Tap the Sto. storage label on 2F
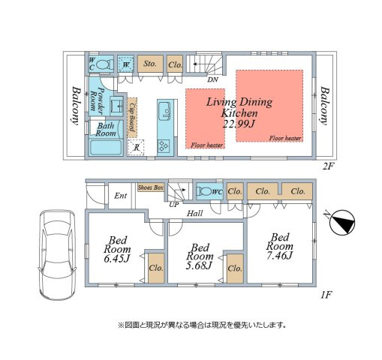(x=149, y=64)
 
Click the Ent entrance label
(x=120, y=196)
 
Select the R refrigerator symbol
(x=135, y=147)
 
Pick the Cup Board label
(x=133, y=117)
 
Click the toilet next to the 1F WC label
(x=204, y=191)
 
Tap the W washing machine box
(x=125, y=65)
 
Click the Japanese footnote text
(x=202, y=325)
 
